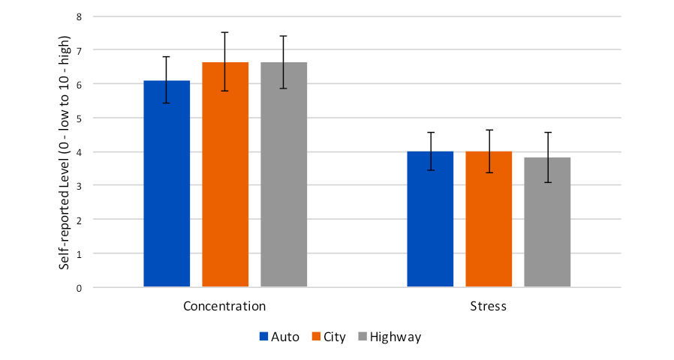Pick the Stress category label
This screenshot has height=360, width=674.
488,306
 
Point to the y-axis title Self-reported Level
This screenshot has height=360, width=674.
66,151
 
